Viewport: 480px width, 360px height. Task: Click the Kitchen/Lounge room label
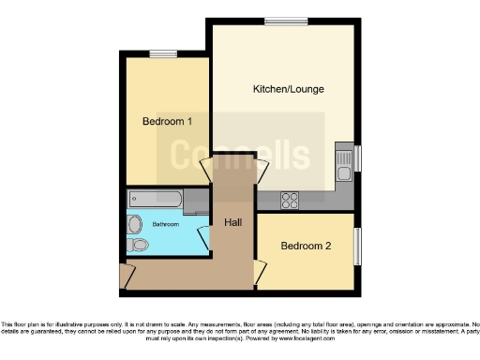click(x=282, y=90)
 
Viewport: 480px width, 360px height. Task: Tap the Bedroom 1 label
click(x=167, y=121)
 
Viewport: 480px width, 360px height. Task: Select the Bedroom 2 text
click(x=307, y=246)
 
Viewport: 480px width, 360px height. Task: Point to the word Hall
click(x=232, y=222)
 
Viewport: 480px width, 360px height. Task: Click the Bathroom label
click(x=165, y=225)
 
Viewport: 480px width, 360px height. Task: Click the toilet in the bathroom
click(x=140, y=244)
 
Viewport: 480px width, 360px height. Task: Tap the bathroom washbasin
click(x=134, y=224)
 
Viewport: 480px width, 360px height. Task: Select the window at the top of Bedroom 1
click(x=163, y=52)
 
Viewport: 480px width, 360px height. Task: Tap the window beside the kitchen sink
click(x=356, y=159)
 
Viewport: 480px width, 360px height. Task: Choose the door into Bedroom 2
click(x=257, y=273)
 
